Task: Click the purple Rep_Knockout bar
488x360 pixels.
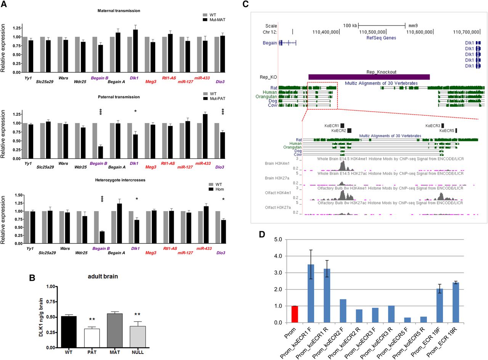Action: point(369,77)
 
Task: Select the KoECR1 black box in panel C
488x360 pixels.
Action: point(342,125)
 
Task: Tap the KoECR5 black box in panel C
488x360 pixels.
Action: point(456,131)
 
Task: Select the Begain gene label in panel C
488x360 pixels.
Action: point(270,43)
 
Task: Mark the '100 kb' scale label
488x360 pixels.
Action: point(350,26)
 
